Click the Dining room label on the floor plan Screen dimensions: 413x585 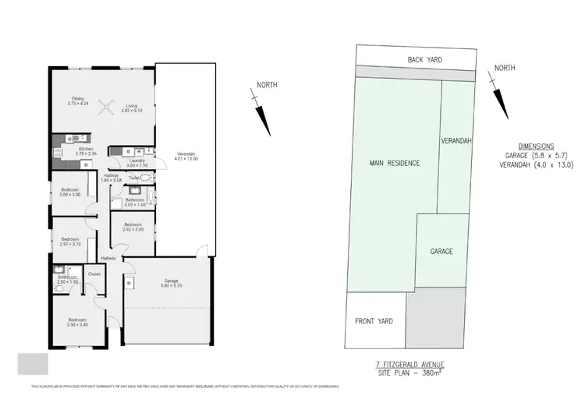(78, 98)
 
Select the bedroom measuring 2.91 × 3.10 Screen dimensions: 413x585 (70, 242)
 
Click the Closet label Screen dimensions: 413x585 (94, 274)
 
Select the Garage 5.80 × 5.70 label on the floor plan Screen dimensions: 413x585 (168, 284)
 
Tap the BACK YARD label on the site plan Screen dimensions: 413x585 (425, 59)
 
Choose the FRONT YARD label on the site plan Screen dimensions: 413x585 (374, 321)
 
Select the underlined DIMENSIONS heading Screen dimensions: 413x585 (535, 146)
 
